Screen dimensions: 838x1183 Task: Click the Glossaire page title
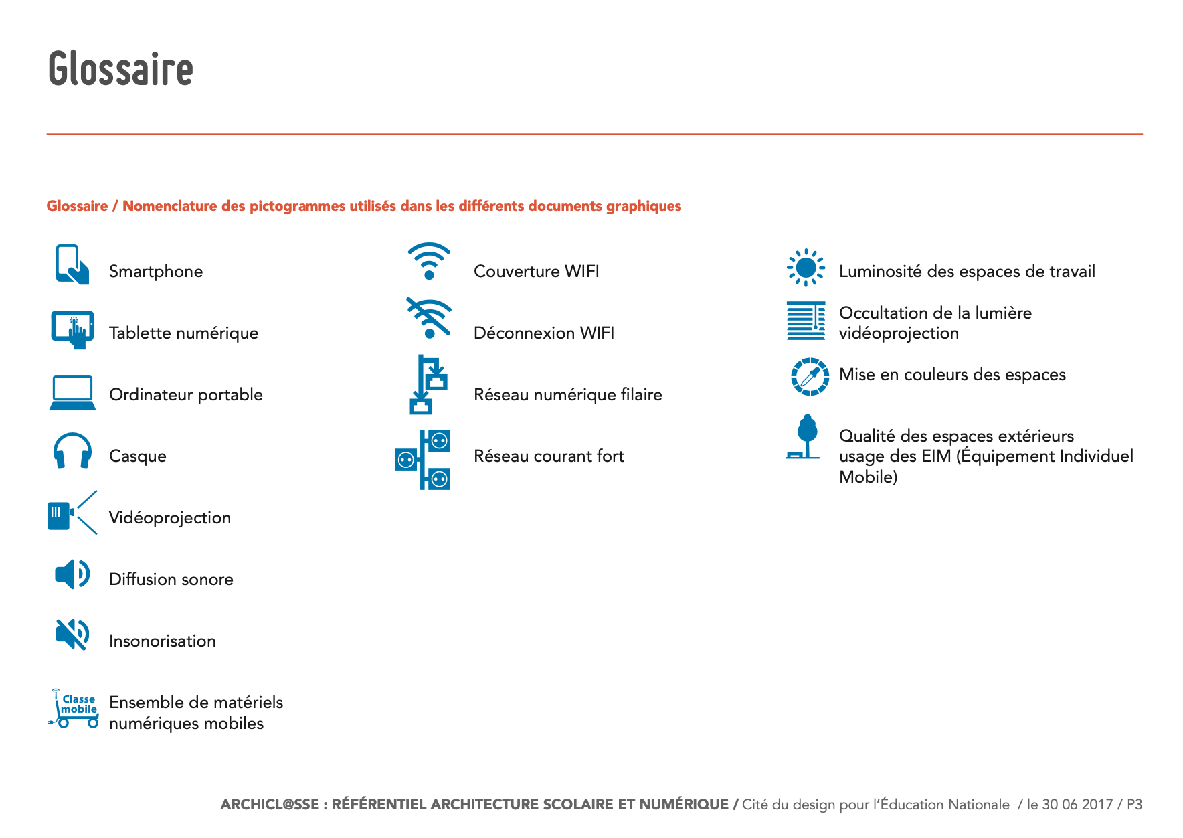(120, 68)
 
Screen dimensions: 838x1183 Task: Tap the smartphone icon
(72, 265)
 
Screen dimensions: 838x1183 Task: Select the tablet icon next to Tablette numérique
(72, 329)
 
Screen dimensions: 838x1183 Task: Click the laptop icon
(72, 393)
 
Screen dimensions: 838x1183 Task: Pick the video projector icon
(72, 513)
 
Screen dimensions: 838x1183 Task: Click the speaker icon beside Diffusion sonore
(72, 574)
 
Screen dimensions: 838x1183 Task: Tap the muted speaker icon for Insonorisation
(72, 635)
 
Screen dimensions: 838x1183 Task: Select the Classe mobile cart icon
(74, 709)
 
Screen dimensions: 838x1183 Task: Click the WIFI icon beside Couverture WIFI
(429, 261)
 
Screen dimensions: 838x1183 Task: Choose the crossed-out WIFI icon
(429, 319)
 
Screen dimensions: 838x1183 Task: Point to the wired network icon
(428, 385)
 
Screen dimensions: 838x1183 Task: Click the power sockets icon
(423, 460)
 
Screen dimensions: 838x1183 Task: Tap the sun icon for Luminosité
(806, 268)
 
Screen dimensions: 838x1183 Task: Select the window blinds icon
(806, 321)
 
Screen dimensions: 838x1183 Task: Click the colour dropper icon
(810, 376)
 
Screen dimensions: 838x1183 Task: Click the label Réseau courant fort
(549, 456)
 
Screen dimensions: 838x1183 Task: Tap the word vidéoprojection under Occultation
(899, 333)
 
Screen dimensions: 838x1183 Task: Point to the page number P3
(1134, 805)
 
